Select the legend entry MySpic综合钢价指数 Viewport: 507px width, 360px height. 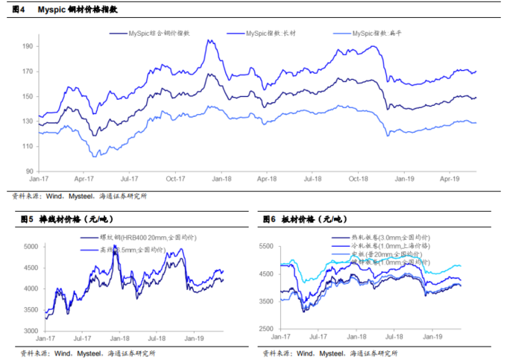pyautogui.click(x=156, y=34)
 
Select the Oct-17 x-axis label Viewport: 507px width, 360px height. pyautogui.click(x=176, y=180)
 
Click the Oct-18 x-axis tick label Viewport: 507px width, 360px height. pyautogui.click(x=359, y=180)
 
